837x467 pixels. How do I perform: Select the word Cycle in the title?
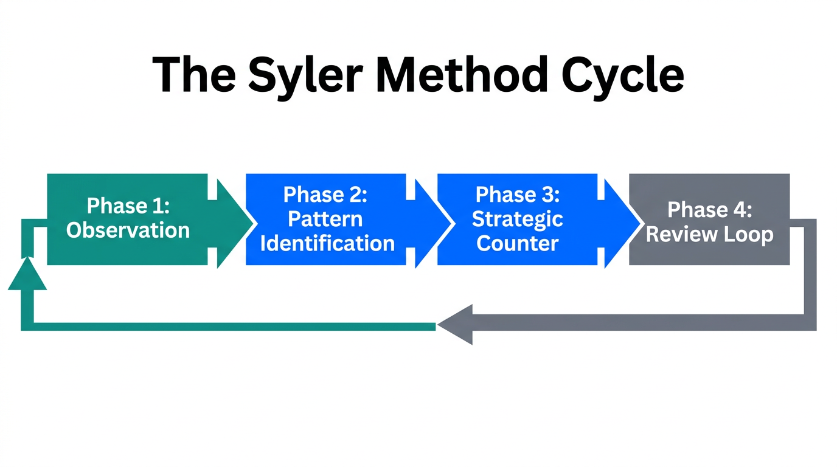click(x=621, y=75)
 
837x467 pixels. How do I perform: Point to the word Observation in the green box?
click(x=128, y=230)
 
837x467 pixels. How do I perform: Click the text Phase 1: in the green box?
click(x=128, y=206)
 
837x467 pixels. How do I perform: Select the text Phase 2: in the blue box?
click(x=325, y=195)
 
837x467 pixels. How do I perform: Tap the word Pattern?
click(x=325, y=219)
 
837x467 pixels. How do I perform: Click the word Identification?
click(x=327, y=243)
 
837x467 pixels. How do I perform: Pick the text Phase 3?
click(x=518, y=195)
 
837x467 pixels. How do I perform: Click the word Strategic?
click(x=518, y=219)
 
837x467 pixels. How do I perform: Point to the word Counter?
click(x=518, y=243)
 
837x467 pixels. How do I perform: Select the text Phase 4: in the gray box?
click(x=709, y=210)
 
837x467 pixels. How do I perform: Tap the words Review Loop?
click(x=709, y=235)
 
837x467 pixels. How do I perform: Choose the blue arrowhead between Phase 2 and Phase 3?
click(x=433, y=223)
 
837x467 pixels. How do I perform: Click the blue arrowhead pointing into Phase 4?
click(x=623, y=223)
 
